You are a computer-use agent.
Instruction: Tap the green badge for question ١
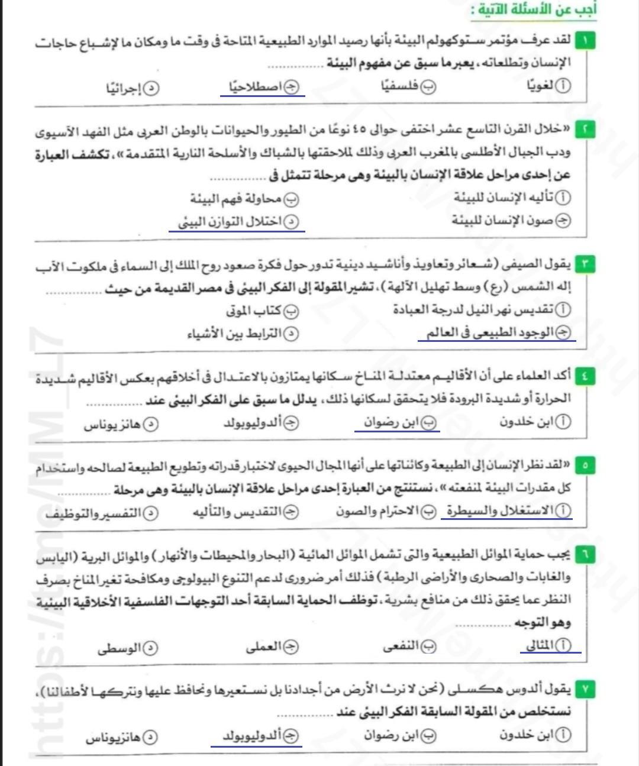[x=585, y=41]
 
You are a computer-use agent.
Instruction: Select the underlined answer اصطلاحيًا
[x=263, y=88]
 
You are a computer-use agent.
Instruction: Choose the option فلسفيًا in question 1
[x=408, y=86]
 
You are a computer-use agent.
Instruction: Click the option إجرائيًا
[x=133, y=89]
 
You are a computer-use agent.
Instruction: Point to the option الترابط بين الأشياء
[x=243, y=334]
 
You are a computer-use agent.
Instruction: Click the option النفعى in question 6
[x=409, y=647]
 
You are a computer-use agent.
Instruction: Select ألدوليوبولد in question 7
[x=254, y=736]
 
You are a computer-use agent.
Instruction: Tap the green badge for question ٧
[x=585, y=689]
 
